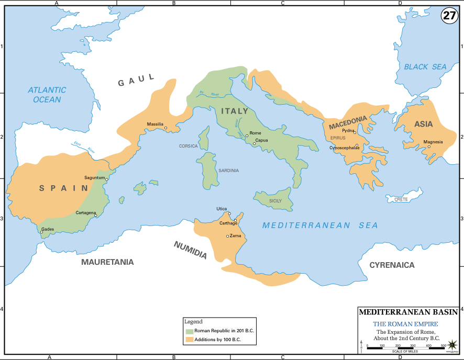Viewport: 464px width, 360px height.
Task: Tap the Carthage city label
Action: click(x=228, y=223)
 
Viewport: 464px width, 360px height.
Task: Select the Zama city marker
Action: click(x=227, y=236)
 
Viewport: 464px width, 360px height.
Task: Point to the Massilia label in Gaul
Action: click(x=155, y=124)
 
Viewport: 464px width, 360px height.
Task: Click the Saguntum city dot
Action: click(x=107, y=179)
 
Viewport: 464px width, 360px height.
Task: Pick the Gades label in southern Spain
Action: click(x=48, y=229)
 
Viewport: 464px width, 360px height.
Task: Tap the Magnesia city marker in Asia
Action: click(x=429, y=147)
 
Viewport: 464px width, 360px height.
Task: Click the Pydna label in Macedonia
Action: click(x=348, y=130)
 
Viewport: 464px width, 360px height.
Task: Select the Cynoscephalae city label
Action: click(x=344, y=148)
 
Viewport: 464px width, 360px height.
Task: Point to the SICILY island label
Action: click(x=275, y=201)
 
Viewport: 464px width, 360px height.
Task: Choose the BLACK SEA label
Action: click(x=425, y=67)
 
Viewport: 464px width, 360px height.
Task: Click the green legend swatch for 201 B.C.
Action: click(x=189, y=331)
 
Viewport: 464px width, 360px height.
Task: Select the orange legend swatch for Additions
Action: click(x=189, y=340)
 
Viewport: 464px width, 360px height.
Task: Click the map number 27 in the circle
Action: click(x=449, y=15)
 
